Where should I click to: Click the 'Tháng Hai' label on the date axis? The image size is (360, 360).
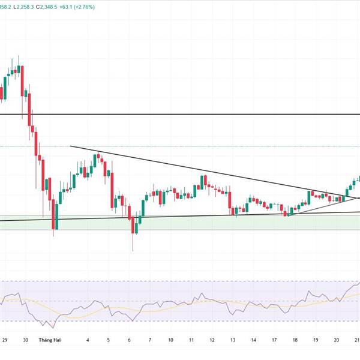pyautogui.click(x=50, y=340)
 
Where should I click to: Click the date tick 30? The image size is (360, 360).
pyautogui.click(x=25, y=340)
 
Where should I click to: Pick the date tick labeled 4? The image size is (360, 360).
pyautogui.click(x=88, y=340)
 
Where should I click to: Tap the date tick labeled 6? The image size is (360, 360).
pyautogui.click(x=130, y=340)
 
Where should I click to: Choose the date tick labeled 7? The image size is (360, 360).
pyautogui.click(x=150, y=340)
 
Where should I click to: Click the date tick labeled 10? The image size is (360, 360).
pyautogui.click(x=170, y=340)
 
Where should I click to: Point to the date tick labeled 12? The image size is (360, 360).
pyautogui.click(x=212, y=340)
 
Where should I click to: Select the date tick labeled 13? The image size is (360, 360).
pyautogui.click(x=233, y=340)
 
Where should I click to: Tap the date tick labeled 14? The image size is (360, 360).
pyautogui.click(x=254, y=340)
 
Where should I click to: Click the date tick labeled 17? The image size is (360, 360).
pyautogui.click(x=274, y=340)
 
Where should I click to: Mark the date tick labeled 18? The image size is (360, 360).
pyautogui.click(x=295, y=340)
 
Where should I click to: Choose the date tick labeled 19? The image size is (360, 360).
pyautogui.click(x=316, y=340)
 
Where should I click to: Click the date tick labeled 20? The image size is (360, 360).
pyautogui.click(x=337, y=340)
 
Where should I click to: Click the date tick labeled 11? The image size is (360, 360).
pyautogui.click(x=191, y=340)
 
